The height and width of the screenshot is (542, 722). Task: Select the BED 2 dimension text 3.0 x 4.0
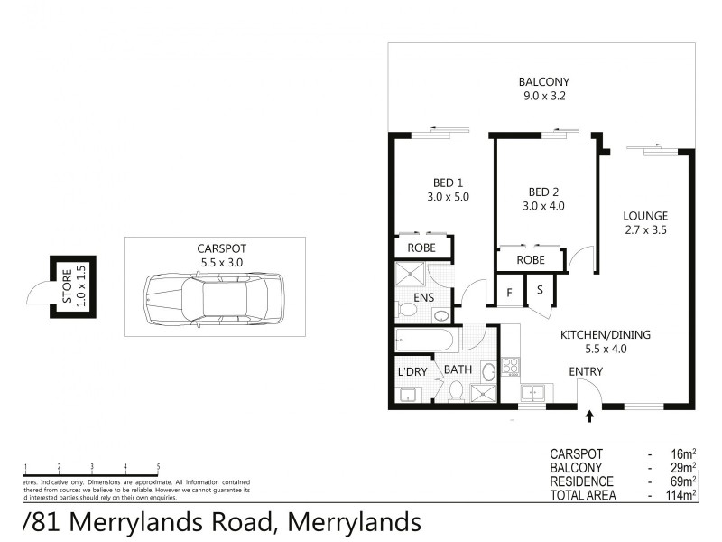[x=545, y=206]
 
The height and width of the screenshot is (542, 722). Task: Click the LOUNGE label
[x=645, y=216]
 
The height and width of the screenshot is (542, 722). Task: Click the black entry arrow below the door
[x=590, y=416]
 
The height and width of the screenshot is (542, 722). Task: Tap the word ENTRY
[x=586, y=372]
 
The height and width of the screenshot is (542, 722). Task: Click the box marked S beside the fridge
[x=540, y=290]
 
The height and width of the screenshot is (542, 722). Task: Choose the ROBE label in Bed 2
[x=530, y=259]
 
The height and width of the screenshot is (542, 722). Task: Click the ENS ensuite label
[x=423, y=296]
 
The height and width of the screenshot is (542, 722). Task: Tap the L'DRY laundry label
[x=412, y=371]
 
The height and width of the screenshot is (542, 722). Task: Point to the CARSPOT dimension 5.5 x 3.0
[x=221, y=262]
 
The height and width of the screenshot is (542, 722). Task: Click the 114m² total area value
[x=679, y=495]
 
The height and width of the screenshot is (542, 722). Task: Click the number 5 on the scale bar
[x=158, y=466]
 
